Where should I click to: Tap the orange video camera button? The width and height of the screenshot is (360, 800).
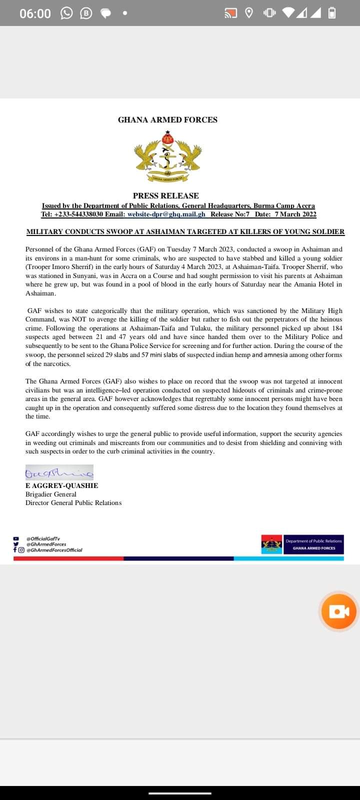click(339, 611)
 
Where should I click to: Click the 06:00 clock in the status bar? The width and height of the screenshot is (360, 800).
click(35, 13)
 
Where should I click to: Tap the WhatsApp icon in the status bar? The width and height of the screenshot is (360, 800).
click(66, 13)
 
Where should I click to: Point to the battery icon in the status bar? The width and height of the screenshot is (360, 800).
click(331, 13)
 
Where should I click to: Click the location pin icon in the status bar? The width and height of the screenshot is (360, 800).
click(248, 13)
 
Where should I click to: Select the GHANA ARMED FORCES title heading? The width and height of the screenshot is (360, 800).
click(167, 119)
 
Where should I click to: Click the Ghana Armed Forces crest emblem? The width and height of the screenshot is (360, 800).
click(167, 156)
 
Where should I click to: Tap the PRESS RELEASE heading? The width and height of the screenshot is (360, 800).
click(165, 195)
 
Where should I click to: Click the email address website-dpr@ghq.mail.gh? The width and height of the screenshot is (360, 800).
click(166, 214)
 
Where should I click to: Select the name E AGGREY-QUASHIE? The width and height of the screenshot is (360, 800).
click(61, 485)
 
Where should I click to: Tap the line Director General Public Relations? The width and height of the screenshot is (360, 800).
click(73, 502)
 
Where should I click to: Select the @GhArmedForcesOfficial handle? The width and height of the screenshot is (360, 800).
click(54, 549)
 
